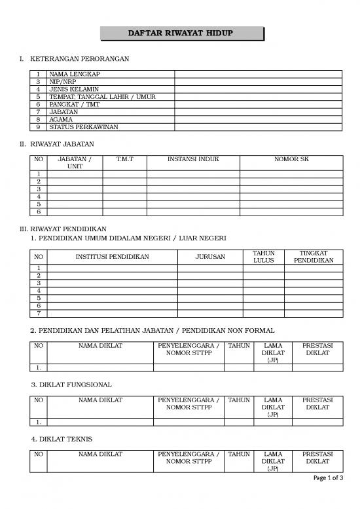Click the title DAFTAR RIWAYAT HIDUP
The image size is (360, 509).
pyautogui.click(x=180, y=33)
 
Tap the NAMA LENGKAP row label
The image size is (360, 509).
pyautogui.click(x=73, y=75)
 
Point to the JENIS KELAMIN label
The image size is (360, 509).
pyautogui.click(x=74, y=89)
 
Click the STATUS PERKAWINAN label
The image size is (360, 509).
pyautogui.click(x=83, y=127)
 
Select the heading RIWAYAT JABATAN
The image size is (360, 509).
pyautogui.click(x=62, y=143)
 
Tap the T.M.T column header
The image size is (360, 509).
pyautogui.click(x=124, y=159)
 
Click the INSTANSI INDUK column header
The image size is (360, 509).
pyautogui.click(x=193, y=159)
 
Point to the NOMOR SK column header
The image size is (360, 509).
pyautogui.click(x=291, y=159)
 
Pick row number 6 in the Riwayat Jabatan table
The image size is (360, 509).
pyautogui.click(x=39, y=212)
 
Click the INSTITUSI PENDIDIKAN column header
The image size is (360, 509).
pyautogui.click(x=113, y=256)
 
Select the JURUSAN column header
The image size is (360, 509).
pyautogui.click(x=210, y=256)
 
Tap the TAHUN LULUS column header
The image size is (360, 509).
pyautogui.click(x=263, y=256)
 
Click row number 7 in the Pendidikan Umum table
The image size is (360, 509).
pyautogui.click(x=39, y=313)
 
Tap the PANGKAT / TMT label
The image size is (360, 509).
pyautogui.click(x=79, y=104)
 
